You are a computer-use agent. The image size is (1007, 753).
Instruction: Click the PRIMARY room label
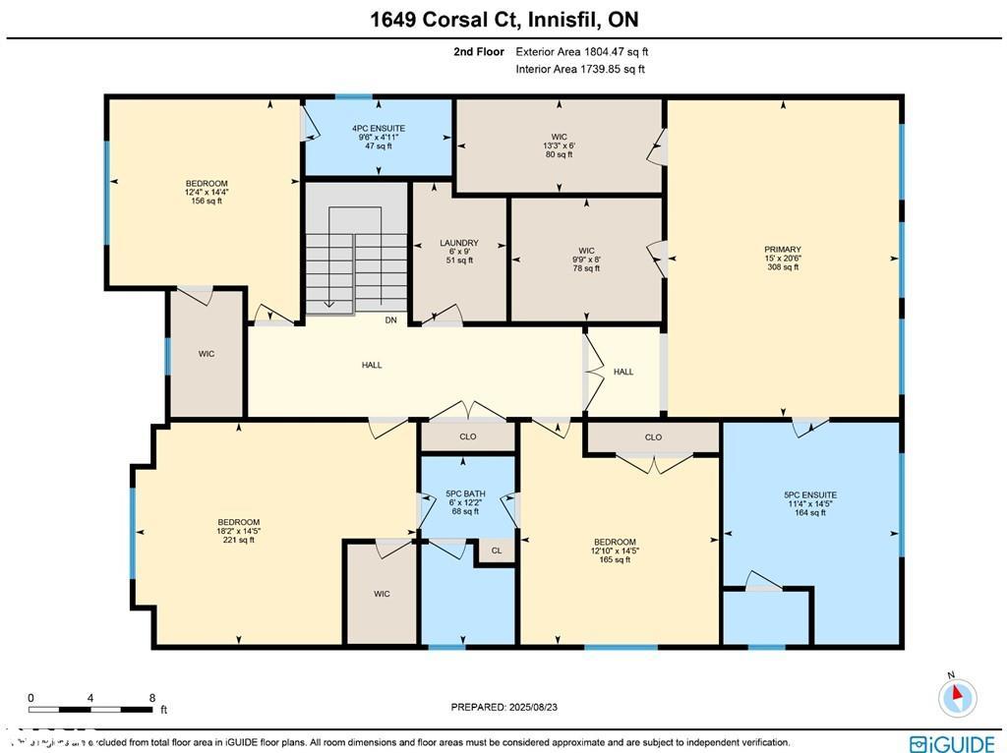tap(783, 250)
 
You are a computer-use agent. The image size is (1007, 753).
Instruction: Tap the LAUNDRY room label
tap(459, 243)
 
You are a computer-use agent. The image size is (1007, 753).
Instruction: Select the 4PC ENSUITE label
tap(379, 129)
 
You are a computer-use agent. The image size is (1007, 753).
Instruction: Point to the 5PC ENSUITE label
tap(810, 495)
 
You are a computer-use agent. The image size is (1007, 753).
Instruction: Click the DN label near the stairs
tap(390, 319)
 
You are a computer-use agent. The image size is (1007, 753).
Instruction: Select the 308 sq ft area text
tap(783, 266)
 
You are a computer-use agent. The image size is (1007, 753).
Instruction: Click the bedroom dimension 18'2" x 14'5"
tap(239, 531)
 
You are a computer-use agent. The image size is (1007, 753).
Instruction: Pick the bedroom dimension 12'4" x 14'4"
tap(207, 192)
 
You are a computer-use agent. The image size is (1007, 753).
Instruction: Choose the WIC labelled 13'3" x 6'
tap(559, 145)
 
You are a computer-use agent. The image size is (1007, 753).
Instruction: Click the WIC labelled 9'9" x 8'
tap(586, 260)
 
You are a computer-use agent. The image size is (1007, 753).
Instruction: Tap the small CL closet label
tap(497, 550)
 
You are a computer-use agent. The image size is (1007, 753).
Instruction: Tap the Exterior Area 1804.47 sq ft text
tap(582, 51)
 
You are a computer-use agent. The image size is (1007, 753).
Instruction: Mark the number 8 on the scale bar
tap(151, 697)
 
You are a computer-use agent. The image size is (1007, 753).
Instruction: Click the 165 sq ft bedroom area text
tap(614, 559)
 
